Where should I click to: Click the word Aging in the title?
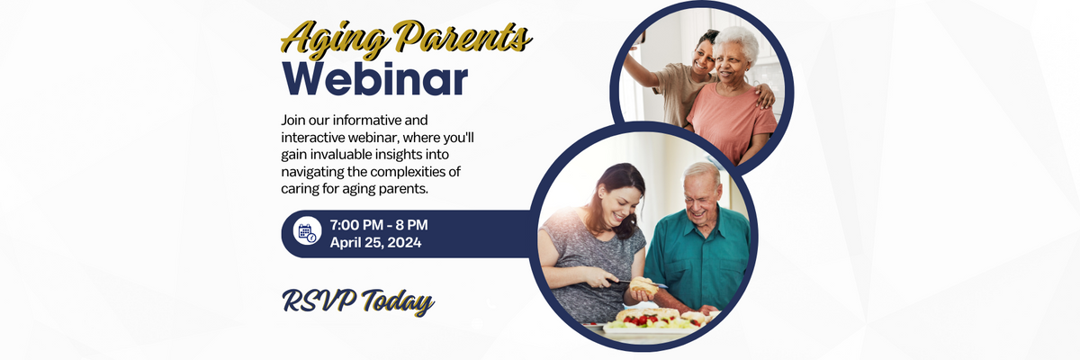(x=335, y=40)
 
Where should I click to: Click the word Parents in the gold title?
(x=462, y=36)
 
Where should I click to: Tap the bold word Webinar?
(x=375, y=79)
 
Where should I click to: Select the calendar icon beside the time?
(x=307, y=234)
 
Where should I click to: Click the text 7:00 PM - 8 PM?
(x=379, y=225)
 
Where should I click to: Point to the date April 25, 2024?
(x=375, y=242)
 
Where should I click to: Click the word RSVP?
(x=319, y=301)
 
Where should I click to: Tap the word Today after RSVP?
(x=398, y=302)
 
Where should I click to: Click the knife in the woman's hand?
(x=637, y=283)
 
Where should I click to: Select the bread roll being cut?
(x=643, y=286)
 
